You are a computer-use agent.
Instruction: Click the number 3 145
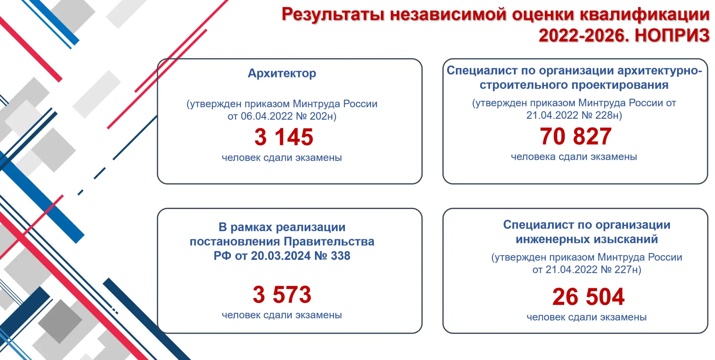coord(284,137)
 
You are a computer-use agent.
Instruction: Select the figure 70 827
coord(576,136)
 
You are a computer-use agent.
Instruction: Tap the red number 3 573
coord(282,294)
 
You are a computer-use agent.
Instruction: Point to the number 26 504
coord(588,297)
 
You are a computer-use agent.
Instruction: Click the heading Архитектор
coord(282,73)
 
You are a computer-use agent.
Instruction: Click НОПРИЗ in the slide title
coord(672,36)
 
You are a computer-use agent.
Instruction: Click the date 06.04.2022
coord(267,116)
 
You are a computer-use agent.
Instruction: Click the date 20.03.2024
coord(281,256)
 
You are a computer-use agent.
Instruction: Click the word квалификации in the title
coord(645,15)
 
